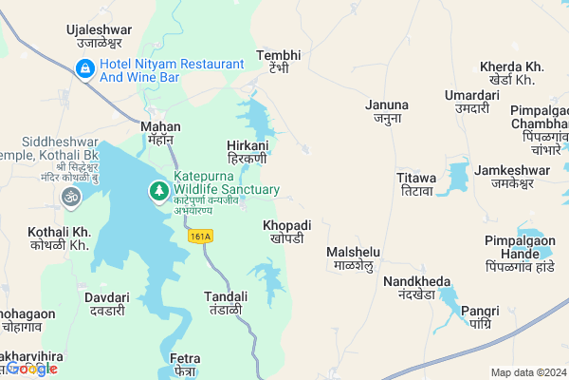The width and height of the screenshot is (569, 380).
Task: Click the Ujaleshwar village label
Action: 99,37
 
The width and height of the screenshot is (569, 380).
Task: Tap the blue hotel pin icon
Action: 84,68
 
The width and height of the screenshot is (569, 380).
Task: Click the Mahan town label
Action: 159,132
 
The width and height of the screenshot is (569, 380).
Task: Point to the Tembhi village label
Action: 278,62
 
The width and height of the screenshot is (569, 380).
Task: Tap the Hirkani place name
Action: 248,152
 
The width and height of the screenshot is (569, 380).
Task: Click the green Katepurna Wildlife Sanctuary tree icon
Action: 158,192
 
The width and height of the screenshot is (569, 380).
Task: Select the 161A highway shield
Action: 200,237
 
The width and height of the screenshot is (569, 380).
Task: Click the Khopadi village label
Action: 286,231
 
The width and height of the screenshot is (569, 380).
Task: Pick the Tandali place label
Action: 227,303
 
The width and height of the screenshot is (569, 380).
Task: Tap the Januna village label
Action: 387,111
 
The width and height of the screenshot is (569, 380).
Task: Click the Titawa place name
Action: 416,184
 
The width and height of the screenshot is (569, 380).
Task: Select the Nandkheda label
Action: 410,288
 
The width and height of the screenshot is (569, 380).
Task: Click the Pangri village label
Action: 478,316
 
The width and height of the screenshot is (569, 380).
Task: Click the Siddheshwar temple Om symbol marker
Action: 70,197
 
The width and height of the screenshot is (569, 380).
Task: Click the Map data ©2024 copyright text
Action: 527,372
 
